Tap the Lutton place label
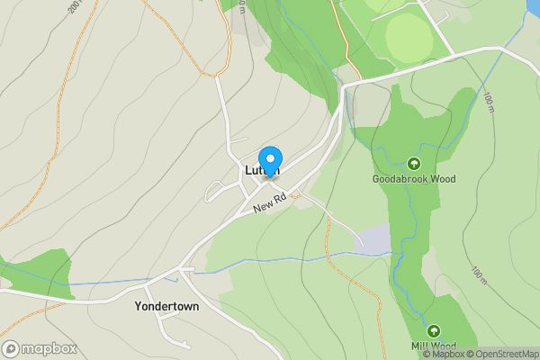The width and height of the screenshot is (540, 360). point(262,170)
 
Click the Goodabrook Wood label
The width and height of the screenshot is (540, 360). point(414,179)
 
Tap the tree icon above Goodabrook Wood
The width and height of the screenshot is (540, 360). point(414,164)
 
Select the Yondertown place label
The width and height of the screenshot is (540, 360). point(166,306)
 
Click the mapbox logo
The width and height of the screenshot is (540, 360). point(40,348)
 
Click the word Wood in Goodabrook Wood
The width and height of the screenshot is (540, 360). point(440,179)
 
